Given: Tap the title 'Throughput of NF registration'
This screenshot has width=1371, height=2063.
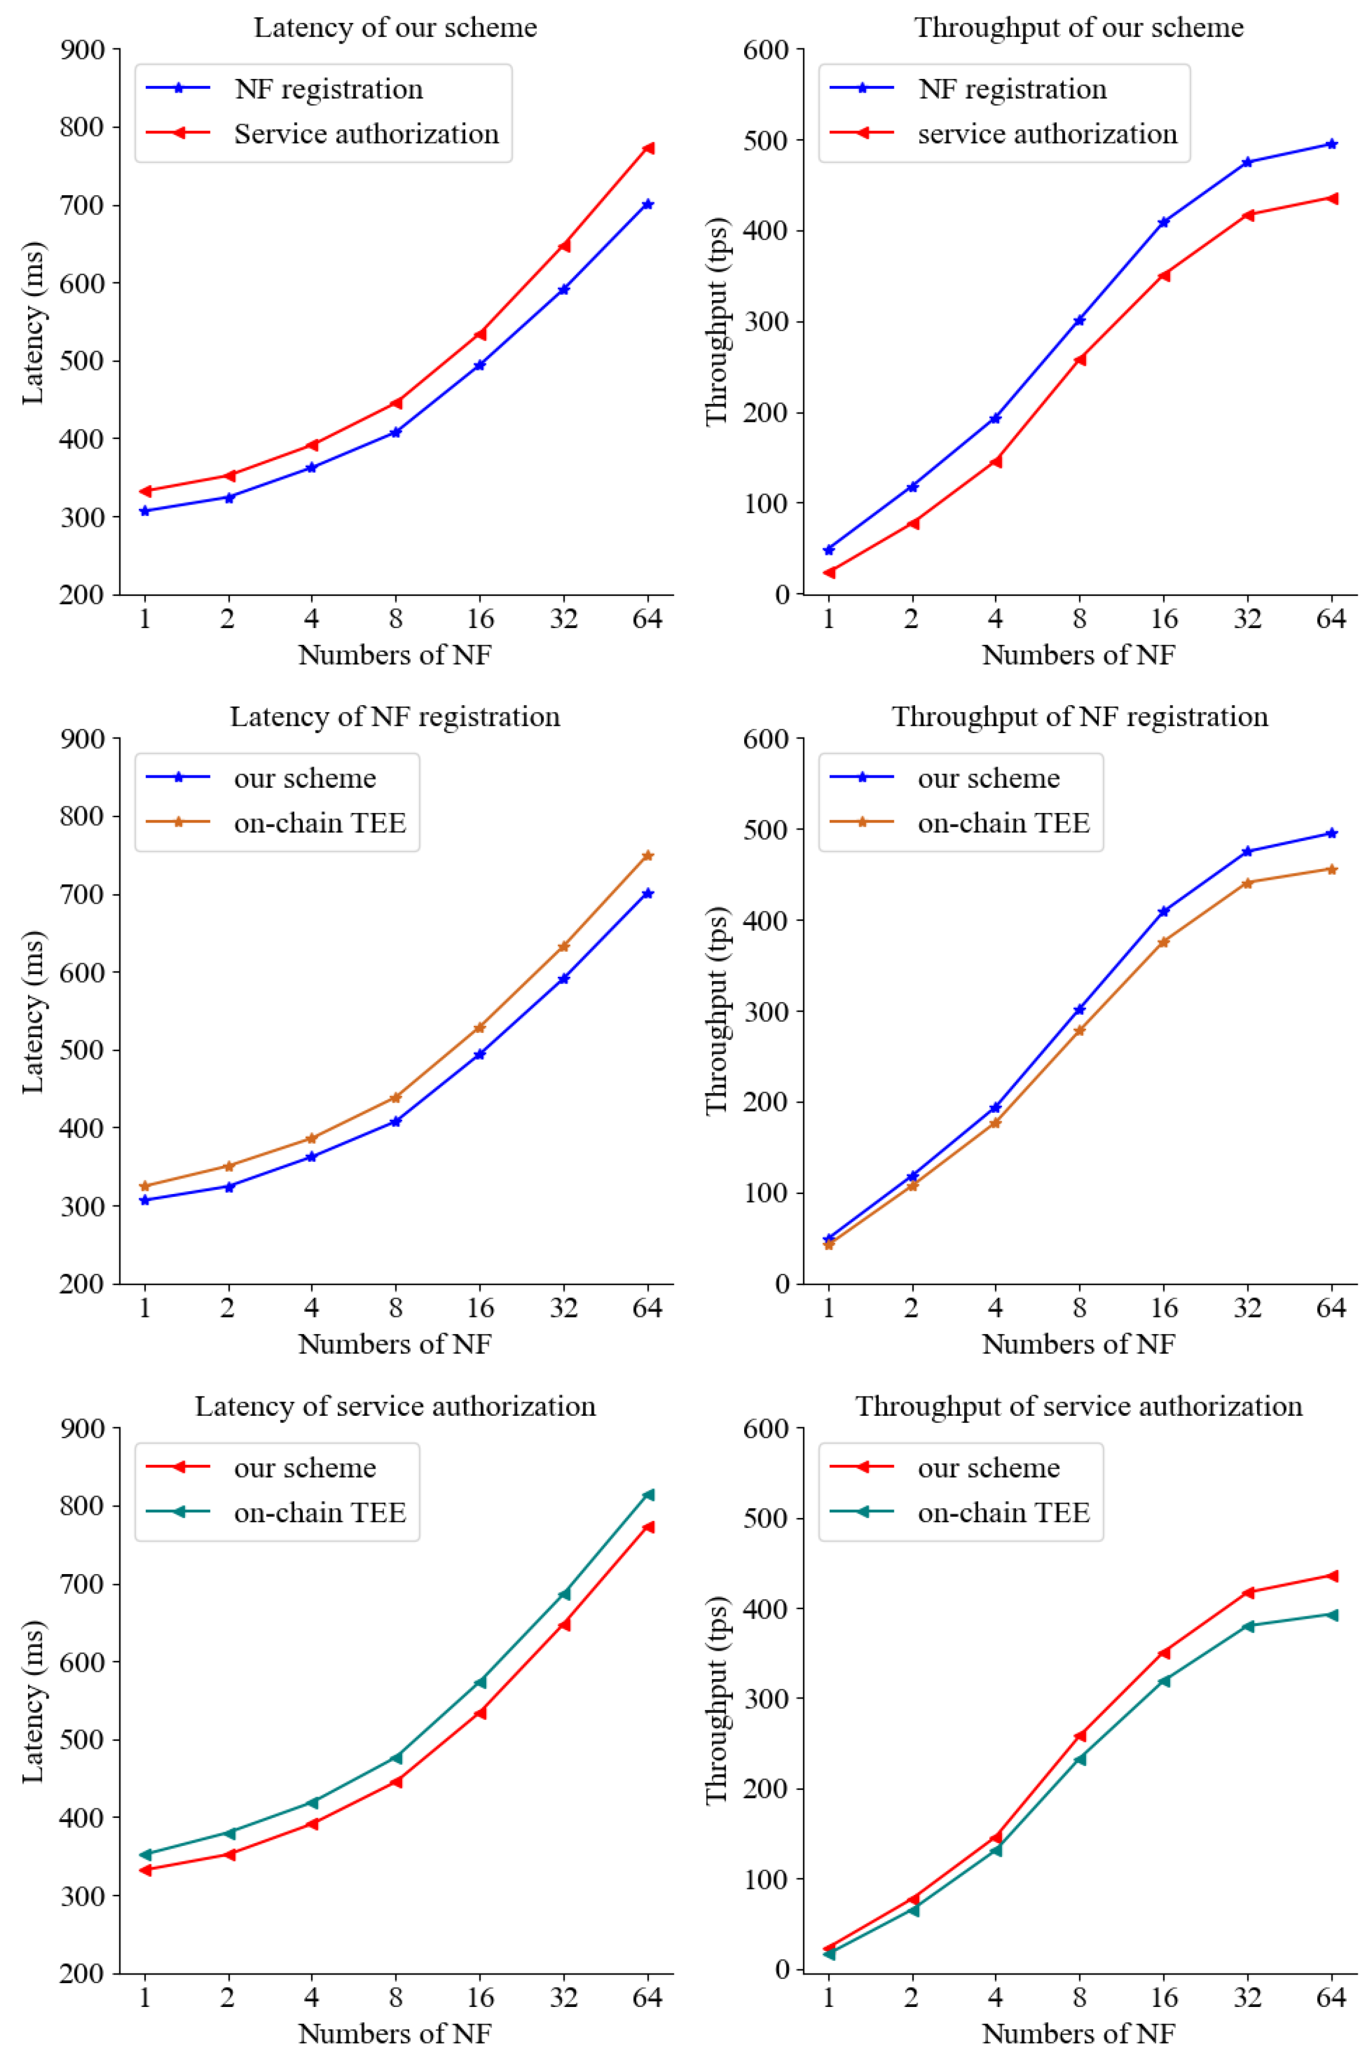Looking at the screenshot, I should [1079, 717].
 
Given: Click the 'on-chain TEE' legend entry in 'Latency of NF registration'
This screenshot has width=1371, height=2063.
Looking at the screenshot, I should [320, 823].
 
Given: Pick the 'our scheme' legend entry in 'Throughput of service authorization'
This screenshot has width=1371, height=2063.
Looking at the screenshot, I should [988, 1468].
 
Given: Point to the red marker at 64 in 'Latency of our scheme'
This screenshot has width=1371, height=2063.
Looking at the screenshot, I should [648, 148].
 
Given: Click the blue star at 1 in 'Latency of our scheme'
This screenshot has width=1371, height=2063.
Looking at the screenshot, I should [144, 510].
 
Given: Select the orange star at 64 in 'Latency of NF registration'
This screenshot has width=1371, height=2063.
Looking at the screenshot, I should [648, 855].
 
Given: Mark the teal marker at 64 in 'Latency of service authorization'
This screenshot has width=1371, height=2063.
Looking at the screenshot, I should [648, 1495].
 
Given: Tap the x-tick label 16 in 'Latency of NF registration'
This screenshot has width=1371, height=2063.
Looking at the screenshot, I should [479, 1308].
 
